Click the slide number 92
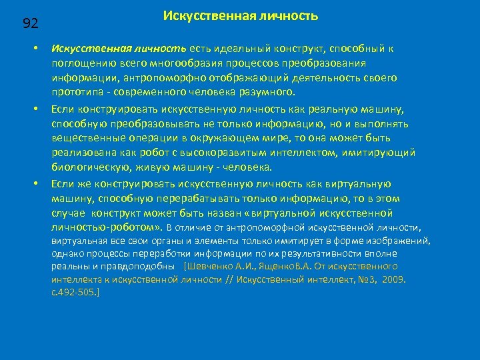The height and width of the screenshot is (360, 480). point(31,24)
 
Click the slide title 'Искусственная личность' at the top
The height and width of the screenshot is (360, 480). point(241,15)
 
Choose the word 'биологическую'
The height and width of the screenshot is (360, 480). point(91,167)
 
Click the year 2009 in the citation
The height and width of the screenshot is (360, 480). point(394,279)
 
